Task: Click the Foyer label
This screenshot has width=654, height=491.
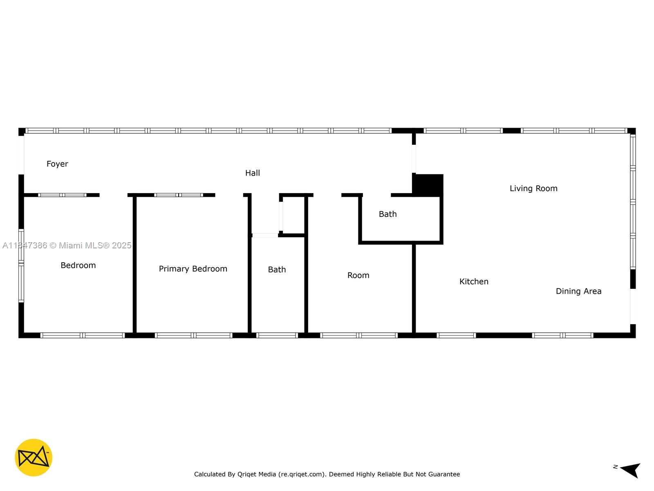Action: (57, 164)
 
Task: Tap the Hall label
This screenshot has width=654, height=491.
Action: (252, 173)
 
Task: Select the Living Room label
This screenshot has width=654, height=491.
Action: (533, 189)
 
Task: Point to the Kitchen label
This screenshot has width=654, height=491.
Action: (474, 282)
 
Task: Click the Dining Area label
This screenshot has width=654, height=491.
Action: (578, 291)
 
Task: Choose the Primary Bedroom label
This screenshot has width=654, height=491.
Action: (193, 269)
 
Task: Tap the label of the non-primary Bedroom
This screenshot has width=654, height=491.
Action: (78, 266)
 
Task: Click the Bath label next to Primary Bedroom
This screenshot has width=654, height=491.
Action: (277, 270)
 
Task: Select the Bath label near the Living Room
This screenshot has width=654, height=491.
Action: (387, 214)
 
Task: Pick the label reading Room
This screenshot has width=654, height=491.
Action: (358, 275)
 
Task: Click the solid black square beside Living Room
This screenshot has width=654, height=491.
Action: (428, 185)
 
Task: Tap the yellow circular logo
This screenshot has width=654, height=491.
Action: (34, 457)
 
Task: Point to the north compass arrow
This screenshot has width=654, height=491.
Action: (630, 470)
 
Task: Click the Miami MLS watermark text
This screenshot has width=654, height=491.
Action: (67, 245)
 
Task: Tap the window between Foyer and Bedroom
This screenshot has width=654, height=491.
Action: (62, 195)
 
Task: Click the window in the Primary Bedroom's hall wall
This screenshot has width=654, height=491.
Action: (179, 195)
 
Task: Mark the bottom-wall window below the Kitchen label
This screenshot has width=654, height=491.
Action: (456, 336)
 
